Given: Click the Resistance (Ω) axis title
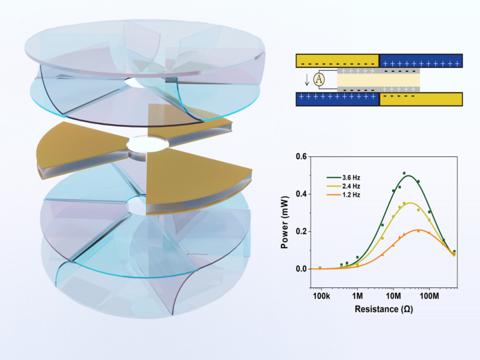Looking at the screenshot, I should pyautogui.click(x=383, y=310).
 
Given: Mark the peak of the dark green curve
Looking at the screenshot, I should pyautogui.click(x=409, y=176).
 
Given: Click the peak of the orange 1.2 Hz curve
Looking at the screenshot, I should pyautogui.click(x=419, y=230).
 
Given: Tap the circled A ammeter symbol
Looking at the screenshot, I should pyautogui.click(x=318, y=80).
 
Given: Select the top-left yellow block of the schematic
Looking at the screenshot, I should pyautogui.click(x=337, y=61).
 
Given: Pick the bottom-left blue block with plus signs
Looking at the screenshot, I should pyautogui.click(x=337, y=99).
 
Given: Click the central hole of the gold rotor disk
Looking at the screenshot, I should pyautogui.click(x=147, y=146).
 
